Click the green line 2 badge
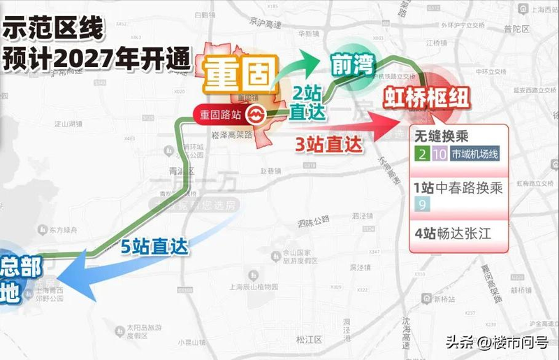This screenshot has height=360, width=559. point(421,154)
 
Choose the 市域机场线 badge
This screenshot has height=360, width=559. point(474,154)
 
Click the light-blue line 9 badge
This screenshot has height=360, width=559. point(421,204)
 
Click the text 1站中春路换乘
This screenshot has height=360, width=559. point(458,188)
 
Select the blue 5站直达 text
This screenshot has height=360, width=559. point(155,246)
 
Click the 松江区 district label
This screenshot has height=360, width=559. point(305,340)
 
